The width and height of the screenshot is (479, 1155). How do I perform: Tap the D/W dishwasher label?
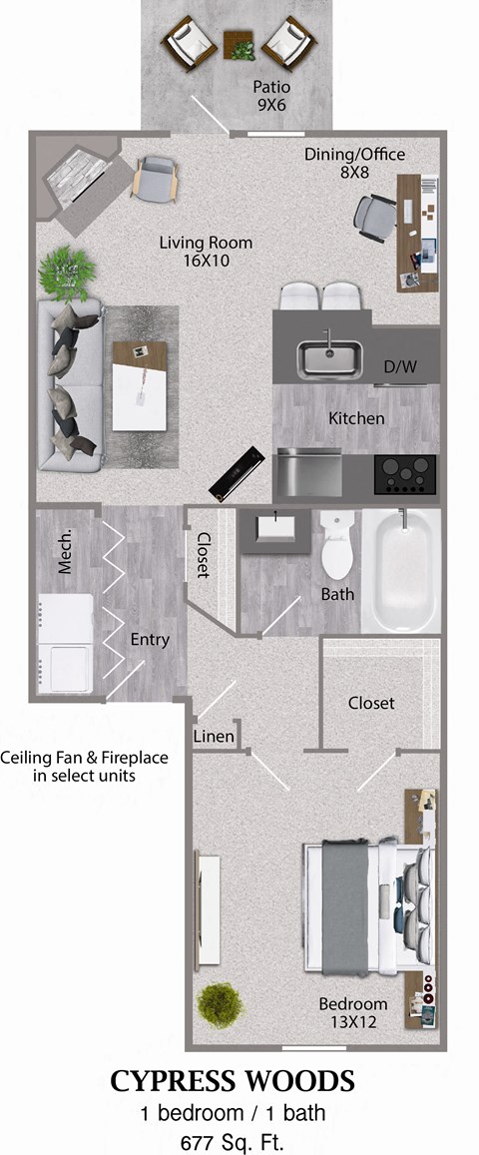(x=400, y=367)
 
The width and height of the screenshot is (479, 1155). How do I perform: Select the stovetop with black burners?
(x=406, y=475)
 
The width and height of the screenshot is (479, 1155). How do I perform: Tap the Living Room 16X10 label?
(x=207, y=251)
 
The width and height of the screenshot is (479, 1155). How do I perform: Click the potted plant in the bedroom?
(x=220, y=1004)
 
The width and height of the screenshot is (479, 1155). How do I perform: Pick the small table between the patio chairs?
(x=239, y=44)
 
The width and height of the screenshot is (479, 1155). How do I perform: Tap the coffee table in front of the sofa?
(x=139, y=385)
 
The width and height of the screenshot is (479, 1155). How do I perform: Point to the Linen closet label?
(x=214, y=737)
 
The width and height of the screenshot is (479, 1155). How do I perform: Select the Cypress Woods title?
(x=232, y=1080)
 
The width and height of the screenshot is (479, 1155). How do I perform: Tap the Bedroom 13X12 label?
(x=352, y=1011)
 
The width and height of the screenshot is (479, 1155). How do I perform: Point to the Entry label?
(x=150, y=639)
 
